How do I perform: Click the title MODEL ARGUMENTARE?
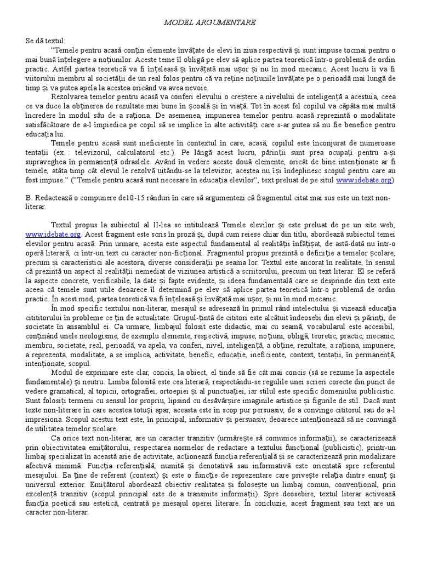pos(210,22)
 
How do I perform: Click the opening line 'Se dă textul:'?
pos(45,41)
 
